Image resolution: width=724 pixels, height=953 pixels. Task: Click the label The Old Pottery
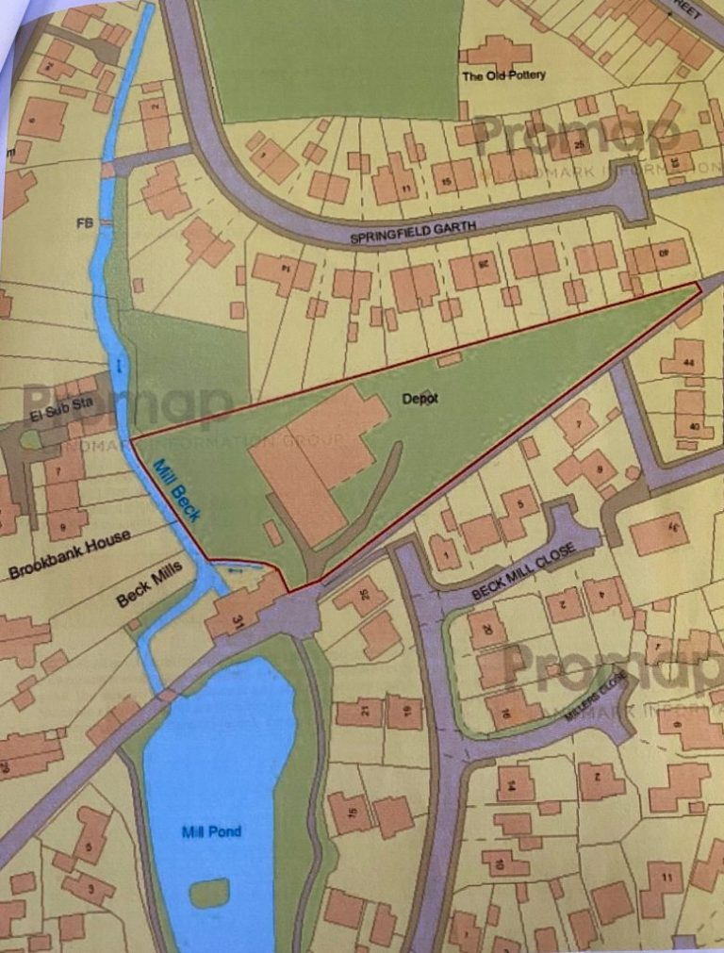coord(503,76)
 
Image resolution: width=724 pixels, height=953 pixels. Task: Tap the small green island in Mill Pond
coord(208,892)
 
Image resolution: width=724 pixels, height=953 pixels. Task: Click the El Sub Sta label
coord(58,412)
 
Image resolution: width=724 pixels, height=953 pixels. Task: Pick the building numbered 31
coord(236,617)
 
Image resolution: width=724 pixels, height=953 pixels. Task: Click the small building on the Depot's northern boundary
coord(451,358)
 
